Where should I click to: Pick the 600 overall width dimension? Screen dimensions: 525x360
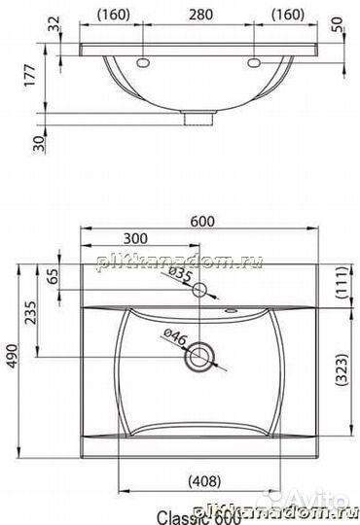pyautogui.click(x=201, y=221)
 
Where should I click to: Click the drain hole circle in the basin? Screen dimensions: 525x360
pyautogui.click(x=201, y=355)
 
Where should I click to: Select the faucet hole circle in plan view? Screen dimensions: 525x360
pyautogui.click(x=200, y=290)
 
